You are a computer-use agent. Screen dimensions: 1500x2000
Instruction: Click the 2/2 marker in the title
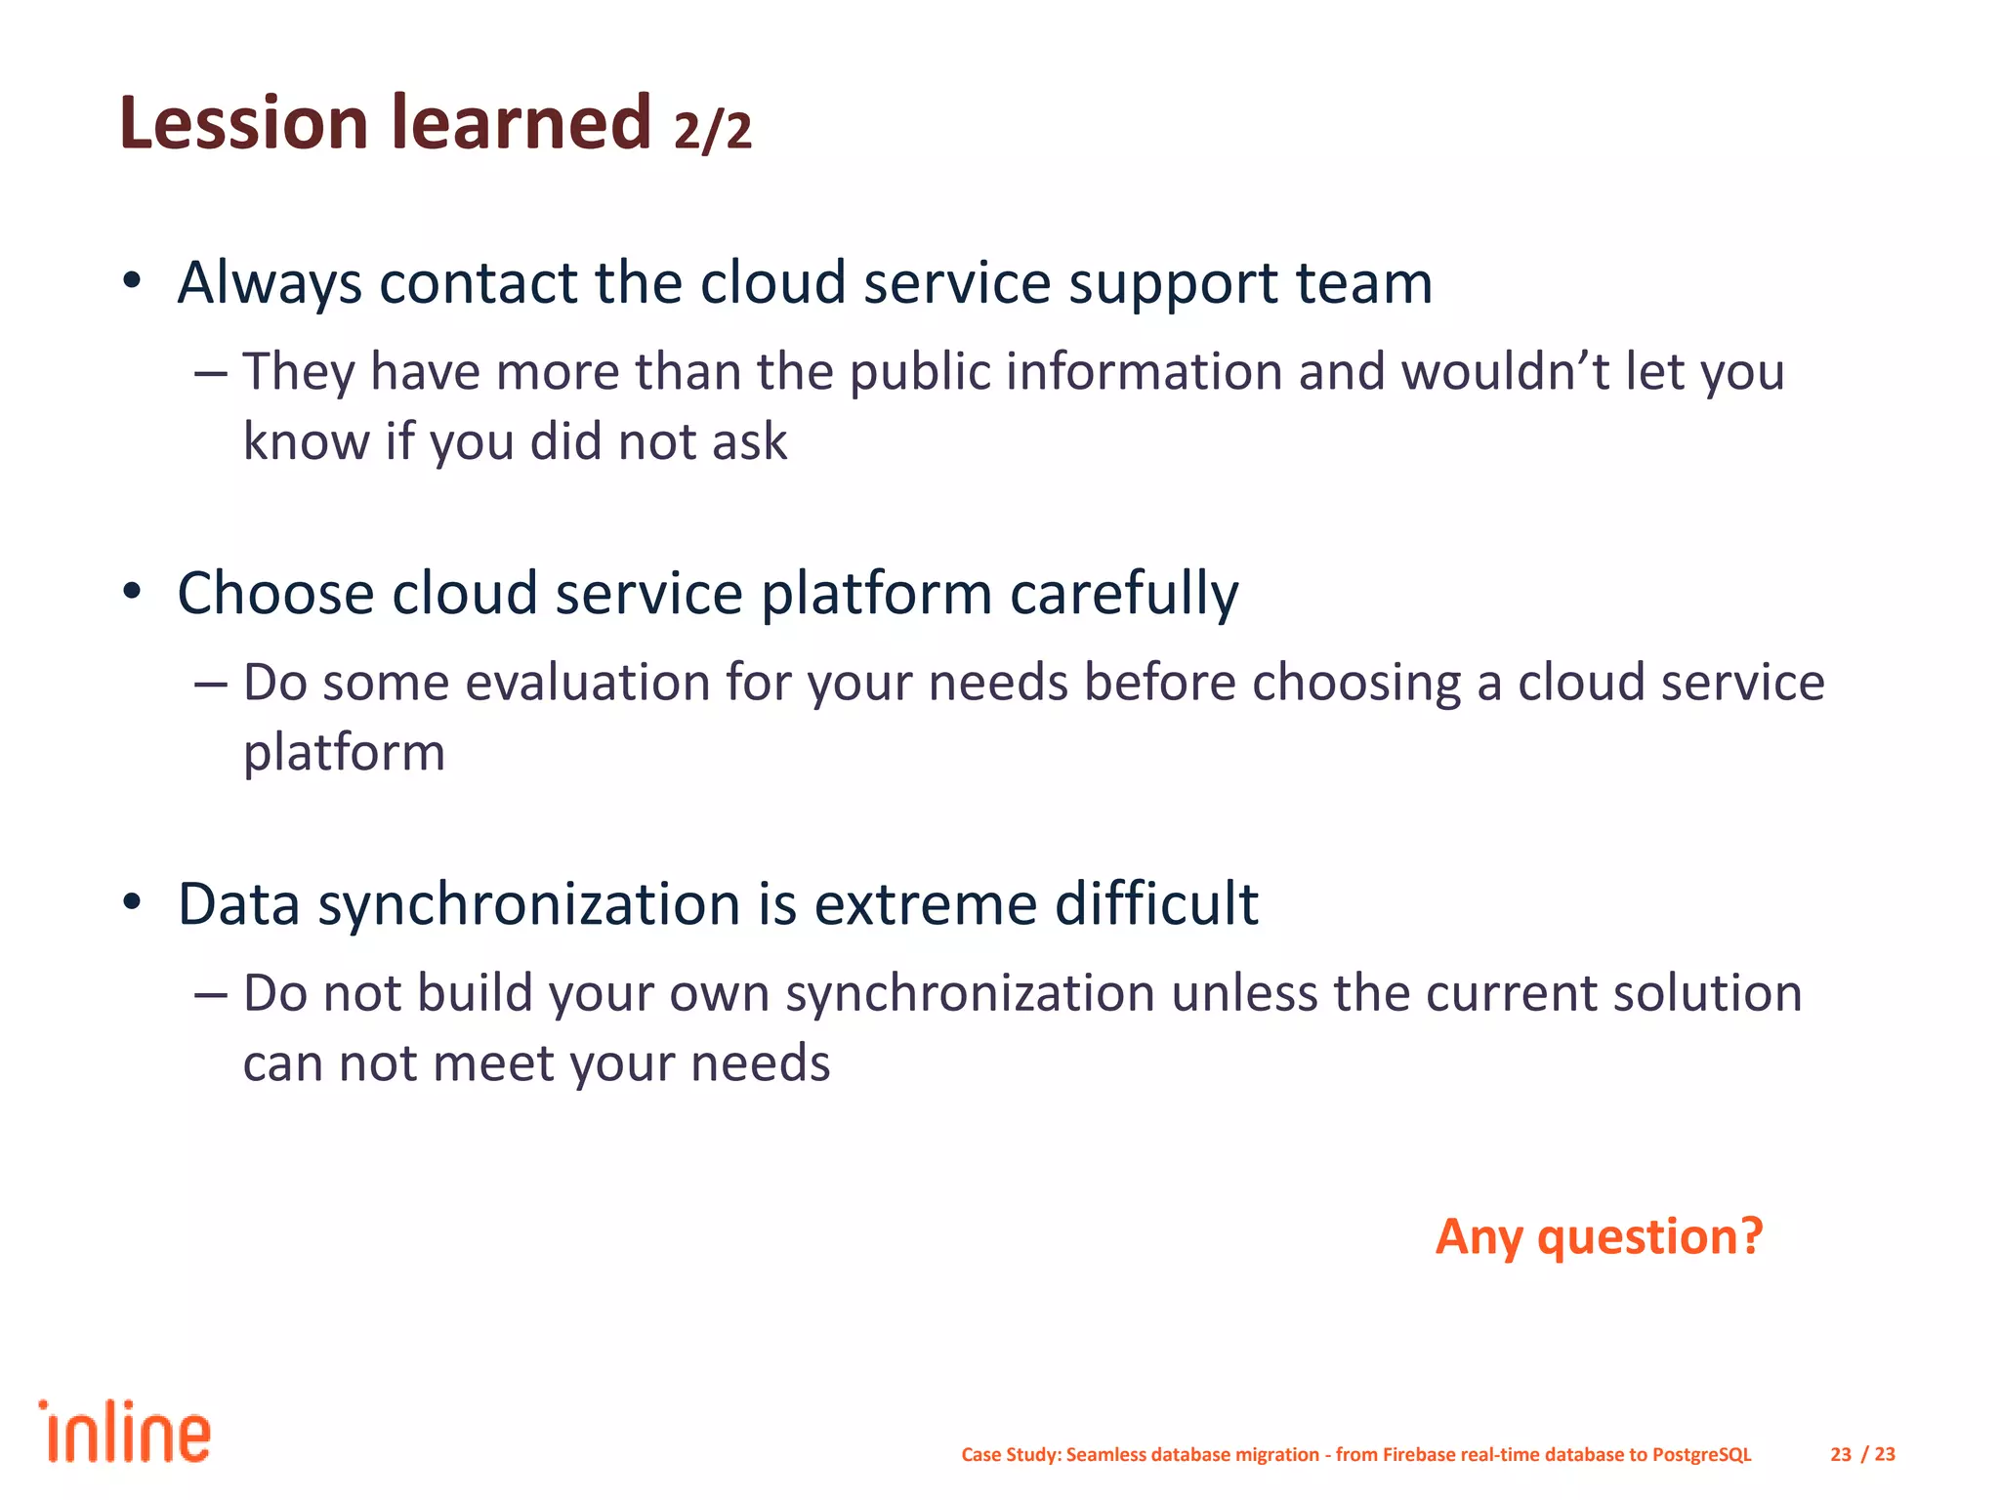713,131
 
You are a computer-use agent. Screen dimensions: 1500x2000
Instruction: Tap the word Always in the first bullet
270,283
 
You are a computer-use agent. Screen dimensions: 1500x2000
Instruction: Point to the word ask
749,442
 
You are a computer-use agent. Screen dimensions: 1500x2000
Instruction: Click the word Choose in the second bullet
275,594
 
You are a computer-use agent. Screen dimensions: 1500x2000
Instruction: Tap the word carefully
1123,594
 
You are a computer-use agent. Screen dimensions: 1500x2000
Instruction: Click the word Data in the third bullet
238,904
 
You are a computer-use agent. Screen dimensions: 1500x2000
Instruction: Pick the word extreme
925,904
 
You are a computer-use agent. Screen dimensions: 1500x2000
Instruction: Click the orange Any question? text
1599,1237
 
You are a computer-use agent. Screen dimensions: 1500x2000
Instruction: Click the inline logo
125,1433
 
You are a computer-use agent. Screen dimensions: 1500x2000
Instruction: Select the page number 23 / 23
1862,1454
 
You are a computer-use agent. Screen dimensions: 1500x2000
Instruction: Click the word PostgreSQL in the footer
1701,1454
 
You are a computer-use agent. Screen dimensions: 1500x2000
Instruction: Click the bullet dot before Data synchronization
133,902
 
